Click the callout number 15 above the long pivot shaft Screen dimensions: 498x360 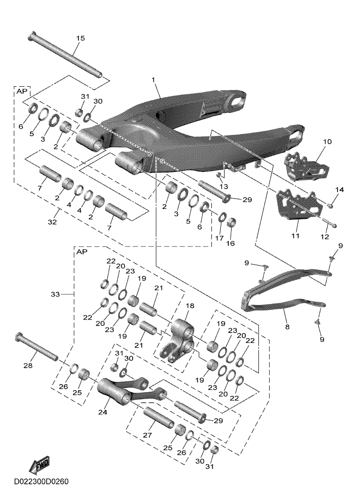[80, 38]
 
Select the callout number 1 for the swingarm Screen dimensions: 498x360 [153, 81]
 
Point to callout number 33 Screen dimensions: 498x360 [56, 294]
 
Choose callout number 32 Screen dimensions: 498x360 [52, 222]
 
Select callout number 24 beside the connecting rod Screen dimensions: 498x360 [103, 412]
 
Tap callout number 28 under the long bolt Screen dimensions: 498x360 [28, 365]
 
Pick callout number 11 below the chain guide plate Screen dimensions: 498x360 [295, 236]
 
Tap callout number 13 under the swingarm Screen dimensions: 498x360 [223, 186]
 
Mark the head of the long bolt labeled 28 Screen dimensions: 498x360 [19, 336]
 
